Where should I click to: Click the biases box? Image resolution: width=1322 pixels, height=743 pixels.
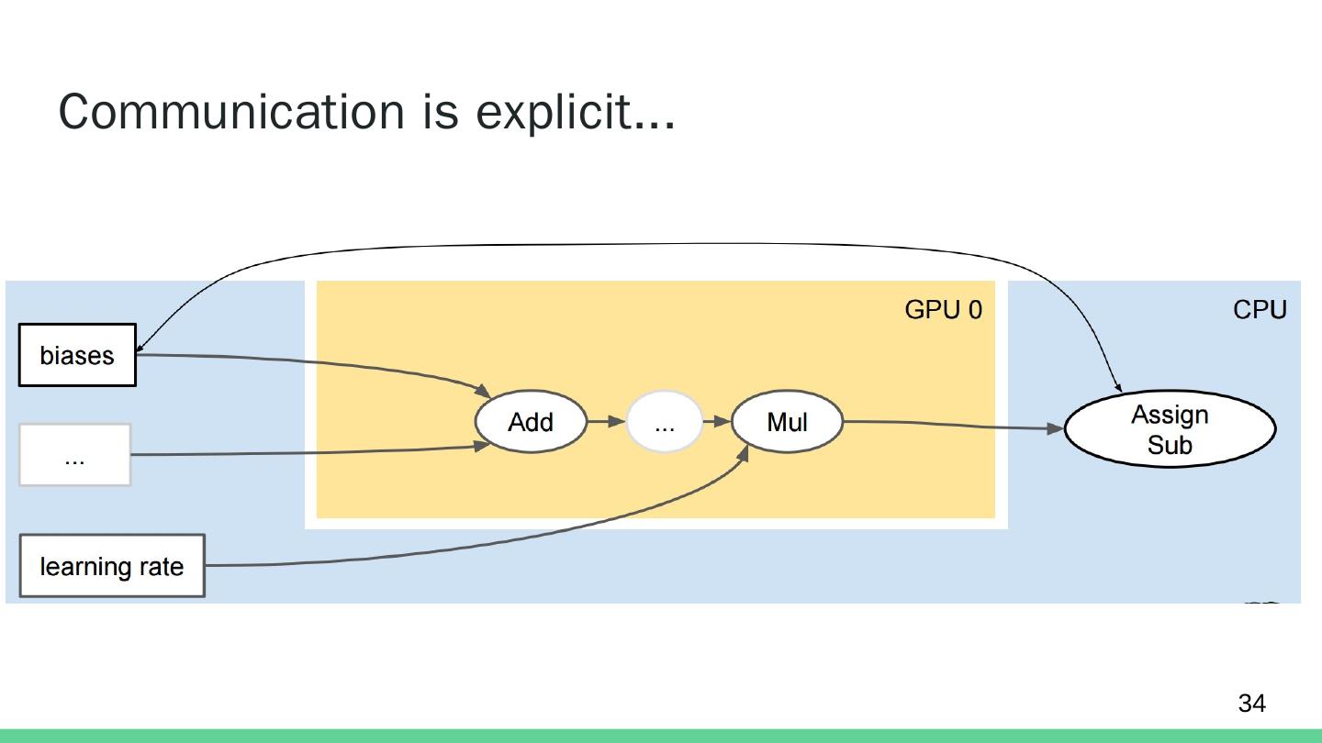coord(77,355)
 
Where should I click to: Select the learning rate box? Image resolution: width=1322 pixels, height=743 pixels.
coord(112,566)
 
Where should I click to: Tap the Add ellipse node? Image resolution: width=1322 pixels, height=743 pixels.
coord(531,422)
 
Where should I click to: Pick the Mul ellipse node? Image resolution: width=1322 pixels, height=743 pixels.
coord(787,422)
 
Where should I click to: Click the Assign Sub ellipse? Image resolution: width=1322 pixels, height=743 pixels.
coord(1170,429)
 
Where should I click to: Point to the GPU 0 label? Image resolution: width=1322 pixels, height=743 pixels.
coord(943,310)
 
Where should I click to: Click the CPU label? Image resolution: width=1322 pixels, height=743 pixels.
coord(1260,310)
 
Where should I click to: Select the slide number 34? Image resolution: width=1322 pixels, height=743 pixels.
coord(1251,704)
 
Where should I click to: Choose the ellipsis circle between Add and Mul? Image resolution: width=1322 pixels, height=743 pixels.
coord(665,423)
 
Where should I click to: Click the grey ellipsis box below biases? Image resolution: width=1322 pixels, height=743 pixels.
coord(75,455)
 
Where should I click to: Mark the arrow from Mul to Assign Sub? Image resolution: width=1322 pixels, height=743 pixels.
coord(955,425)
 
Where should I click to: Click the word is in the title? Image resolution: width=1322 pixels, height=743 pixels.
coord(439,112)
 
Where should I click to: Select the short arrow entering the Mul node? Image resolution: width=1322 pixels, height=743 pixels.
coord(716,422)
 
